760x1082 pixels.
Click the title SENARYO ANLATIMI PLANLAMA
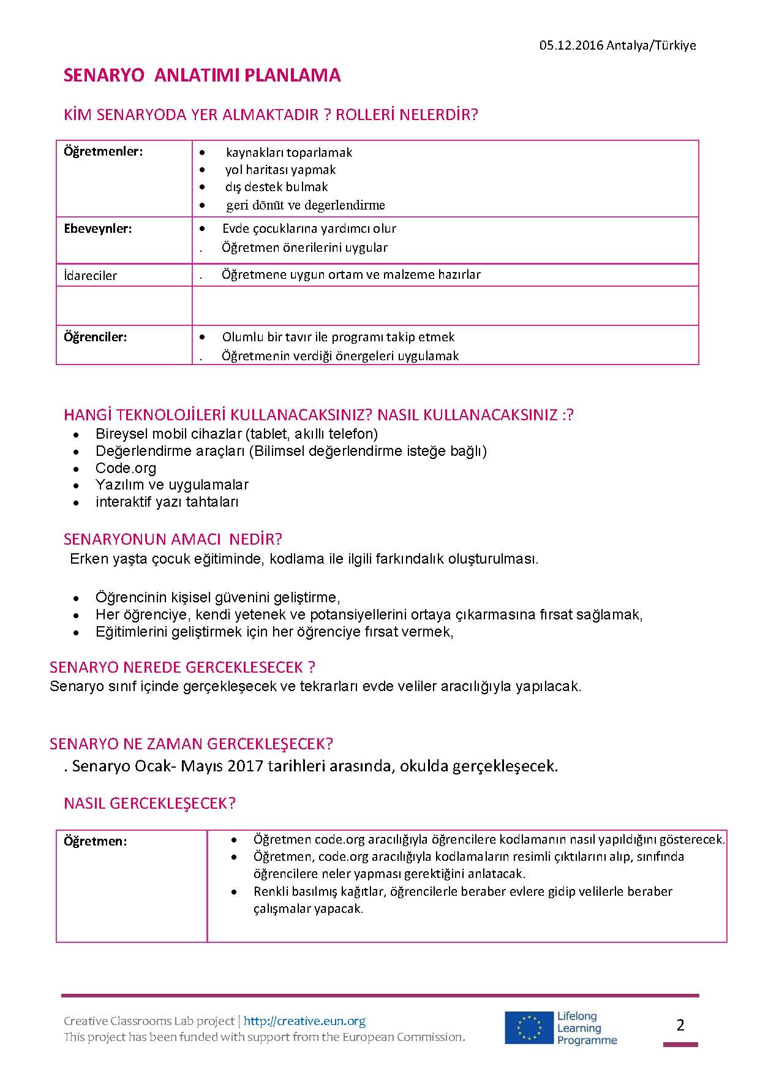click(202, 75)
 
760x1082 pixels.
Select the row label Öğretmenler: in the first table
click(103, 151)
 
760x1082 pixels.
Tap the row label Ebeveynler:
click(97, 229)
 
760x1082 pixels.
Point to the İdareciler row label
click(90, 276)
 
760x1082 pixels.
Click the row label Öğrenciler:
click(95, 337)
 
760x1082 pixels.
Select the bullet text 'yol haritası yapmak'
click(280, 170)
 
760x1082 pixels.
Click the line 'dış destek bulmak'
click(276, 187)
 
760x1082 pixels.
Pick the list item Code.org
click(126, 468)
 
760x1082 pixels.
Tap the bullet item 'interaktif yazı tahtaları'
click(167, 502)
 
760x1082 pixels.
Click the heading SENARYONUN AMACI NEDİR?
click(173, 539)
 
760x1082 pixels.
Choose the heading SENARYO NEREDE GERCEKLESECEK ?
click(182, 667)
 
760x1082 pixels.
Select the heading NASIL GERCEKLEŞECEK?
click(149, 804)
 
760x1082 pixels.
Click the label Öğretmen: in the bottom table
click(95, 841)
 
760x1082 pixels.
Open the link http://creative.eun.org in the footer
click(304, 1021)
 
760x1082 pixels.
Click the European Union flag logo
click(528, 1027)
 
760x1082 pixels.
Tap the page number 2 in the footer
click(680, 1025)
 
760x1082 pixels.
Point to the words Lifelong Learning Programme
click(586, 1028)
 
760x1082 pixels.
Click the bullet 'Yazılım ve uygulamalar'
click(171, 485)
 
